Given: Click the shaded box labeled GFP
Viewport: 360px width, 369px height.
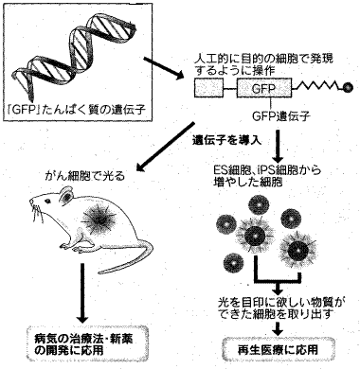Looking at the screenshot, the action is coord(264,88).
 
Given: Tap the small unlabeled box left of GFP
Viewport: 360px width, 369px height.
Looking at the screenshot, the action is coord(208,88).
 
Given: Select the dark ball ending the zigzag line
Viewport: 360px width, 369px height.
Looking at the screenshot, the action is coord(348,88).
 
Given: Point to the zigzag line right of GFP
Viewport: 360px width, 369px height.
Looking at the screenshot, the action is coord(317,87).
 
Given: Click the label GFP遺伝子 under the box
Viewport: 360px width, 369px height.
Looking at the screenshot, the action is coord(281,117).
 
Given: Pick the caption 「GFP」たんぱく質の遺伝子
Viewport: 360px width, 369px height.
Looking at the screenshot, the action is coord(77,110).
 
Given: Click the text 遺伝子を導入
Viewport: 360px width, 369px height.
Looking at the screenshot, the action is coord(227,141).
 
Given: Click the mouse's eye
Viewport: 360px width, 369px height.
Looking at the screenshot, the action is coord(47,202).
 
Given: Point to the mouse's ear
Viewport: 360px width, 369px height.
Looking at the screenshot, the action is coord(67,196).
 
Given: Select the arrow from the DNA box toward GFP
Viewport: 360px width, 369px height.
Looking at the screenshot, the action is coord(164,67).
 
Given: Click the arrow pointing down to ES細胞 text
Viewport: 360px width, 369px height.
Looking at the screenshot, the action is coord(278,146).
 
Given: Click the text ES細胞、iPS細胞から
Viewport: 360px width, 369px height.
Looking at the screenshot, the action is coord(267,170).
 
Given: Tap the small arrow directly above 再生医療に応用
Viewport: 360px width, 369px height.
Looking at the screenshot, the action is coord(278,327).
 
